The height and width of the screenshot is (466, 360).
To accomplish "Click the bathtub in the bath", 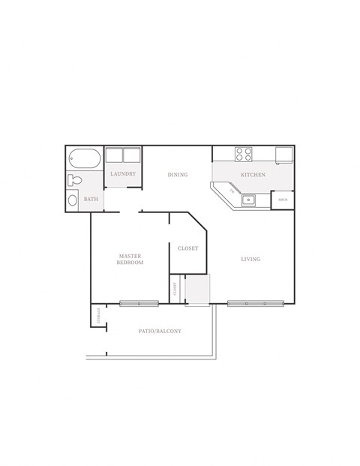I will coord(83,159).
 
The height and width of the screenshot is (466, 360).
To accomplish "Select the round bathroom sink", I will coord(72,200).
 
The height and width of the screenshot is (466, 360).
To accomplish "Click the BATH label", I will coord(91,199).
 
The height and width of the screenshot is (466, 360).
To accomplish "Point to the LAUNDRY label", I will coord(122,174).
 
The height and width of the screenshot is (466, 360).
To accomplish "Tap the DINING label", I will coord(178,175).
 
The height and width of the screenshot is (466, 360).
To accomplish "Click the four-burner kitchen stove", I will coord(244,154).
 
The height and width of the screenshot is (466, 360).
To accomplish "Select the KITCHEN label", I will coord(253,175).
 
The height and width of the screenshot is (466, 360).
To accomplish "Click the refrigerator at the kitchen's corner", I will coord(283,154).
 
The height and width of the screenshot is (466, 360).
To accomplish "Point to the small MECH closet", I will coord(283,200).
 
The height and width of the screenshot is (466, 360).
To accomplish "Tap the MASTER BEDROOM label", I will coord(130,260).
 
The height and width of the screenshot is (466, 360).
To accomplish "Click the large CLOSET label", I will coord(187,248).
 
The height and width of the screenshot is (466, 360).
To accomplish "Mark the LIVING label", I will coord(250,260).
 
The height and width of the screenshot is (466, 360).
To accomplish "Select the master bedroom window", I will coord(139,303).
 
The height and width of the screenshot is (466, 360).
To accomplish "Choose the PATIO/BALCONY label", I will coord(160,331).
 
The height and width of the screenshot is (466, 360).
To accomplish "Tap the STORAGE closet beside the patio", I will coord(98,316).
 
